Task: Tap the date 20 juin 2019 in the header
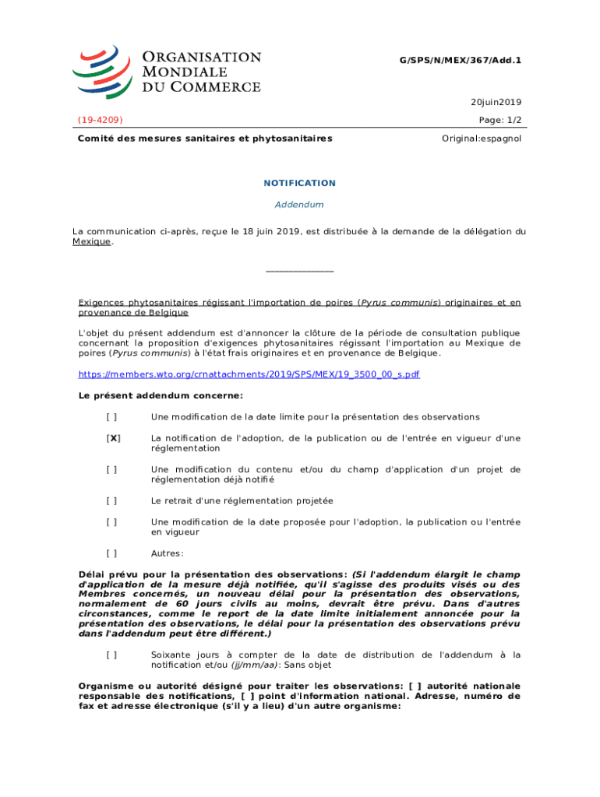[496, 102]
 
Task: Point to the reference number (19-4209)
[100, 120]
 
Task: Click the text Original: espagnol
[482, 139]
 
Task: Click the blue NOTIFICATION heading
[299, 183]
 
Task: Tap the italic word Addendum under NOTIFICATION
[299, 205]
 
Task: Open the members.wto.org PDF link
[249, 374]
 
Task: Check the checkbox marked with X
[113, 438]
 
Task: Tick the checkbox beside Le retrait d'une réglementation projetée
[112, 501]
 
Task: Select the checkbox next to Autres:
[112, 553]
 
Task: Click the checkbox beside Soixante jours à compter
[112, 655]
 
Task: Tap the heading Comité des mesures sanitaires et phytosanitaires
[205, 139]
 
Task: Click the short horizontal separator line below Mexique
[299, 271]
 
